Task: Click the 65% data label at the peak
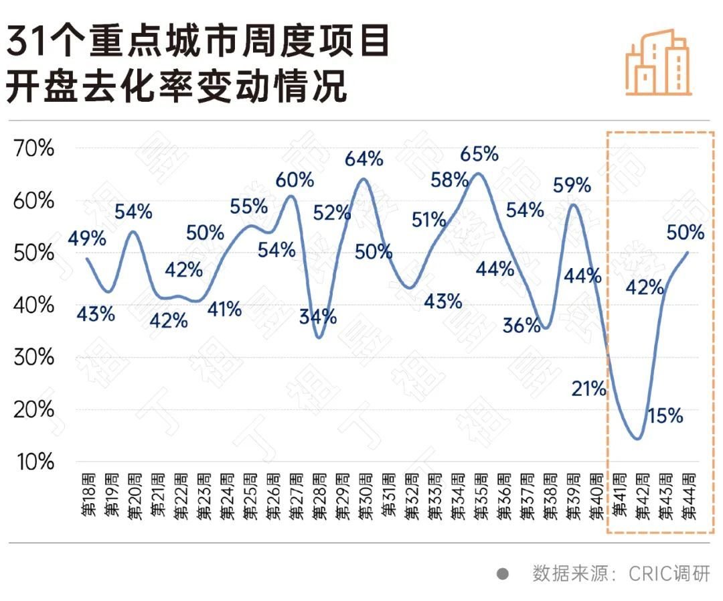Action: [479, 154]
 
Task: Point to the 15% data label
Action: [665, 416]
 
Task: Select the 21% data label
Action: [589, 388]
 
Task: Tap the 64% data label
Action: [364, 159]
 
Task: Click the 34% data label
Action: [318, 316]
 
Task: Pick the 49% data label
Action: [87, 238]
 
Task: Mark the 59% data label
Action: [572, 186]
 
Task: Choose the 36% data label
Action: [521, 326]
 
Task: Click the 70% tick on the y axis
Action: [33, 149]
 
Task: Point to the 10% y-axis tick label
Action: [33, 462]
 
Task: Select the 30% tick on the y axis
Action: [33, 357]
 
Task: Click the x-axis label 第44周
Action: [689, 496]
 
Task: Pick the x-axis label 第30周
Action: [365, 496]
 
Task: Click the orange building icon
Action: [657, 62]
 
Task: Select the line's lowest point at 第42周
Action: [637, 439]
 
